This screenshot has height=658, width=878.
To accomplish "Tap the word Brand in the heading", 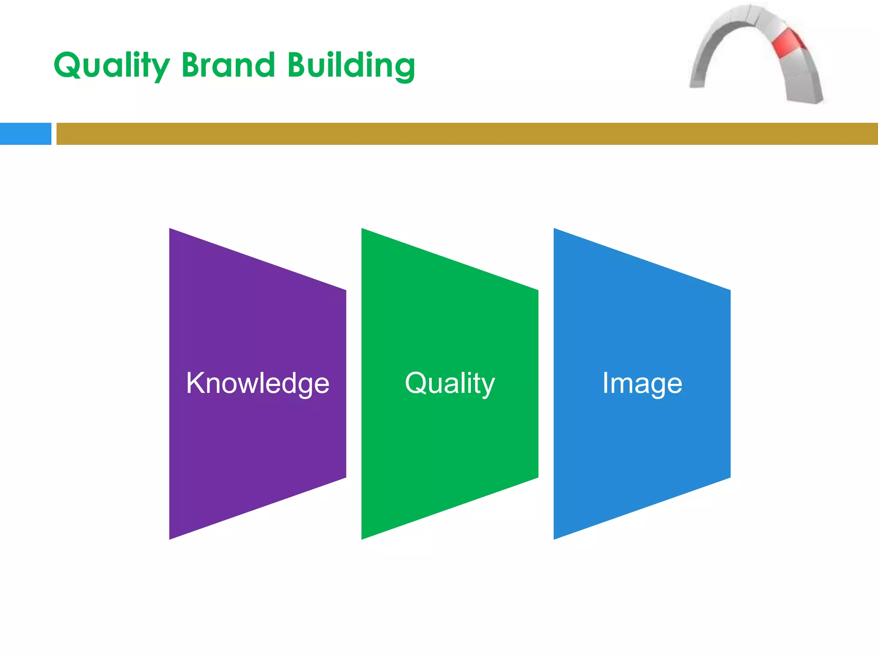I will (x=228, y=65).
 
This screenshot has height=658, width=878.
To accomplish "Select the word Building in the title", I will (x=351, y=65).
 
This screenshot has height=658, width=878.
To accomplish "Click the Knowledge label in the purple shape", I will (x=258, y=383).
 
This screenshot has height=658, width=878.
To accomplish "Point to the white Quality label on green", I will (x=450, y=383).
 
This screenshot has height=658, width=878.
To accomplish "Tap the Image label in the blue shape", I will (x=642, y=383).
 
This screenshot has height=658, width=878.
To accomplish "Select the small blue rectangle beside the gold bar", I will (x=25, y=134).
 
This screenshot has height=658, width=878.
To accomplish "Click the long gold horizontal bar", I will (x=466, y=134).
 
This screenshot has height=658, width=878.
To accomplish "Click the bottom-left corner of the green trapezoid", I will (x=363, y=538).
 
